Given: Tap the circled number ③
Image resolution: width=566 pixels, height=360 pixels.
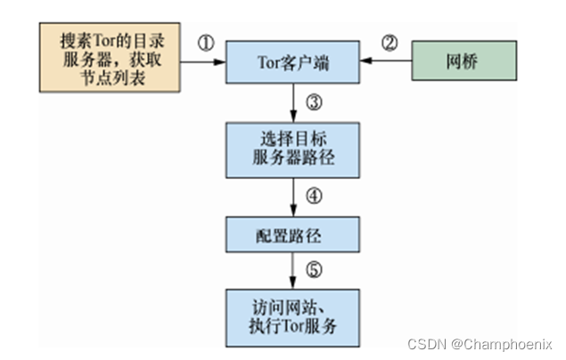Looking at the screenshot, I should [x=313, y=102].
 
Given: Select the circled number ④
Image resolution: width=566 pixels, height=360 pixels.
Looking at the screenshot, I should [x=313, y=196].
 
